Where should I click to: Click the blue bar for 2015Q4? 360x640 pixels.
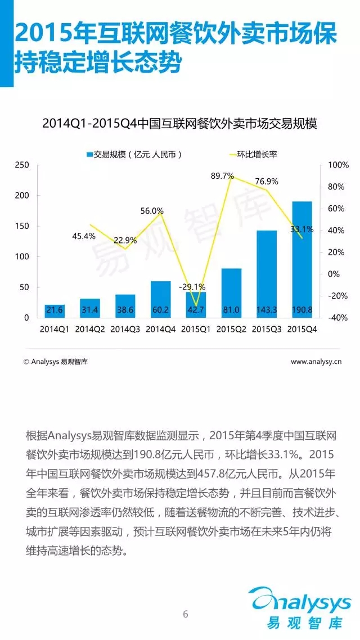(301, 259)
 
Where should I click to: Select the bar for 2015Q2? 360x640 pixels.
(231, 293)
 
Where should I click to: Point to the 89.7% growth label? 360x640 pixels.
(222, 176)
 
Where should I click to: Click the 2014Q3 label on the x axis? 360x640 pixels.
(125, 329)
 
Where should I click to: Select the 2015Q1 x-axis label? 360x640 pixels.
(196, 329)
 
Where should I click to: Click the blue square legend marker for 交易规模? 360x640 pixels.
(89, 154)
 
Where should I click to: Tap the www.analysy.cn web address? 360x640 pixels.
(316, 362)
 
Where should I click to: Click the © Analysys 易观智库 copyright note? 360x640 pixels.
(55, 362)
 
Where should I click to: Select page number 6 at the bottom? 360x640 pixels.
(186, 614)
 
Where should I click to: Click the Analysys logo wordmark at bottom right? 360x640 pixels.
(301, 605)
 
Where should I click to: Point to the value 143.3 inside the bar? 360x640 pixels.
(267, 309)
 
